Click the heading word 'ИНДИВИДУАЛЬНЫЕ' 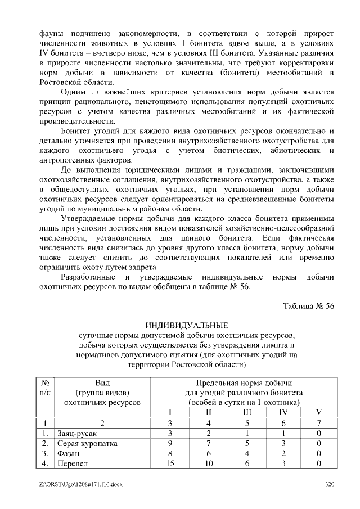point(186,326)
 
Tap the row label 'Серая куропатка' point(87,444)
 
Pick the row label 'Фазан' point(69,454)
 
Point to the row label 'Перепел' point(73,464)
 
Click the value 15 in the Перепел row point(170,464)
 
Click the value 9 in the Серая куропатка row point(170,444)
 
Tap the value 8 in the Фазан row point(170,454)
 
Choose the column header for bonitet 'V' point(318,412)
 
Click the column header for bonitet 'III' point(245,412)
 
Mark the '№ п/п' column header point(45,387)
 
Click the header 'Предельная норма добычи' point(244,382)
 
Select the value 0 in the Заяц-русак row point(318,433)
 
